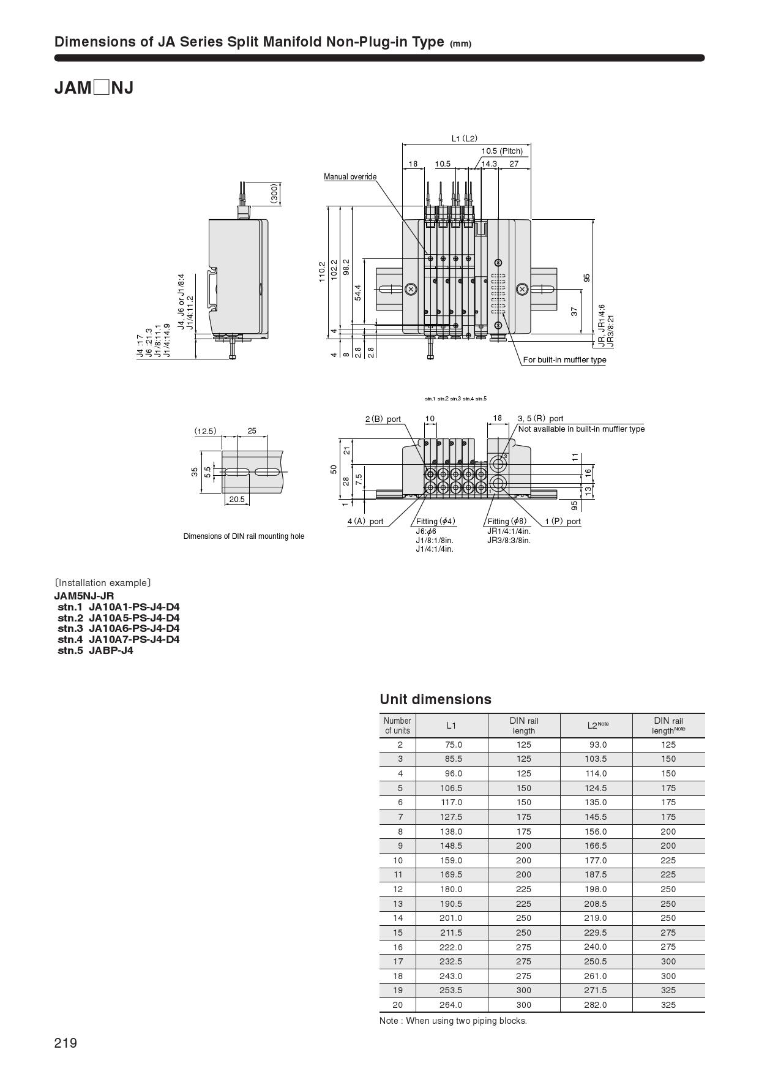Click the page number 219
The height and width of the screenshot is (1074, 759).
click(x=65, y=1043)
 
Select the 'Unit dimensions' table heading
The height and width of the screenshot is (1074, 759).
click(x=435, y=699)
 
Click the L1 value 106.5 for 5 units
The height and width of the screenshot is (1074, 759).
click(x=451, y=788)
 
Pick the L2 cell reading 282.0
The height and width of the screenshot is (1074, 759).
click(x=596, y=1005)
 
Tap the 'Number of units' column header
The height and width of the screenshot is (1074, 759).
click(x=397, y=726)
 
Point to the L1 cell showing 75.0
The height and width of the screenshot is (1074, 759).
click(x=454, y=745)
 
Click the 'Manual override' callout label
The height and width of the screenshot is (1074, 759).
click(x=350, y=177)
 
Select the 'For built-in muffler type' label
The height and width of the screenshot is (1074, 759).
click(x=564, y=360)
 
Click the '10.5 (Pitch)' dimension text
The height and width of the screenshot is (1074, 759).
click(x=502, y=151)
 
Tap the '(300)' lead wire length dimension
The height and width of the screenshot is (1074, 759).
click(x=274, y=193)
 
